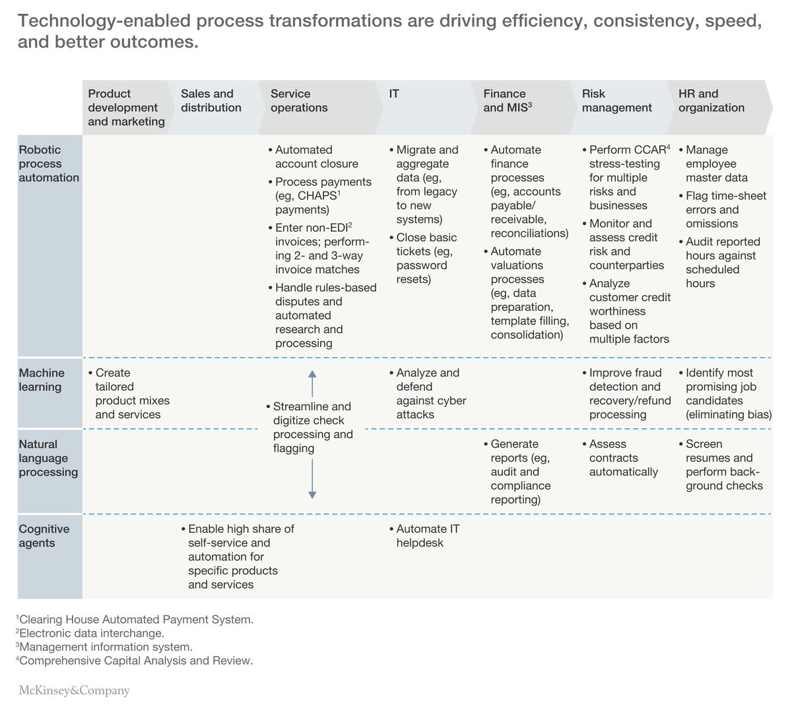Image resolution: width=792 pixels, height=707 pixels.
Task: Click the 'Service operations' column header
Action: (x=299, y=101)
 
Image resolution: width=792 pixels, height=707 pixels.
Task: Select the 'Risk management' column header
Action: (x=616, y=101)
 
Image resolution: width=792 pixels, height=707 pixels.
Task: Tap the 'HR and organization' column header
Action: (x=711, y=101)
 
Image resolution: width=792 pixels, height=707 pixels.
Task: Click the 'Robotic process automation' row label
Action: (x=49, y=164)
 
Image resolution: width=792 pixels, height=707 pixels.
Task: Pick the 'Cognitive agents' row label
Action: (x=44, y=536)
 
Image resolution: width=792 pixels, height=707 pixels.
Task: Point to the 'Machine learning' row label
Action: (x=40, y=380)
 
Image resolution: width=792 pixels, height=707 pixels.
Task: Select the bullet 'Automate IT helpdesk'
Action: (x=427, y=536)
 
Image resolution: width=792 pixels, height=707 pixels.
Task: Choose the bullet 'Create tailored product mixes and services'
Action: (x=131, y=394)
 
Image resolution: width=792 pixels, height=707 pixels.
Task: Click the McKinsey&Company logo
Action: (x=74, y=690)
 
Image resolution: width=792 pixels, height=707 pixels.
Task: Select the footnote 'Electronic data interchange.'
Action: (x=91, y=634)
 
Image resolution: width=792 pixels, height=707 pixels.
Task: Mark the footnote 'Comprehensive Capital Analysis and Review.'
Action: (x=135, y=661)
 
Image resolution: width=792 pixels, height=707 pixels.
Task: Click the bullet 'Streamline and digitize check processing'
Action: (x=312, y=428)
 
